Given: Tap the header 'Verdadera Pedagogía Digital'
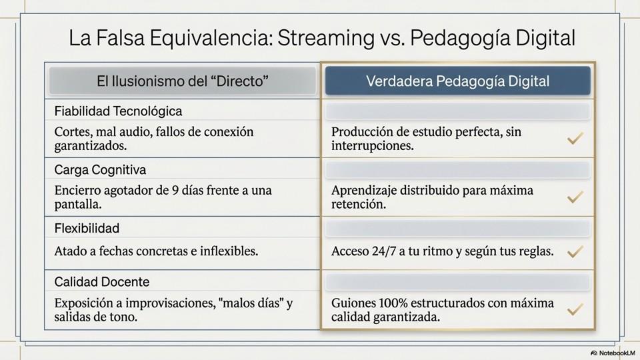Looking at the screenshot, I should pos(457,81).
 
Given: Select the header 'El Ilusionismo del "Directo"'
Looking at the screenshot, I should pos(183,81).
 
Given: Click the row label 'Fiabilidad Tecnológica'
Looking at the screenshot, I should pos(119,111).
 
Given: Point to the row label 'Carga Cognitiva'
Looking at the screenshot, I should pos(100,169).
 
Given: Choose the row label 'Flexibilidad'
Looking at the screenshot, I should pos(87,228).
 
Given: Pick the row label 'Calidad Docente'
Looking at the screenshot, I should pos(102,281).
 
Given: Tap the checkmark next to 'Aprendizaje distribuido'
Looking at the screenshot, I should pos(575,197).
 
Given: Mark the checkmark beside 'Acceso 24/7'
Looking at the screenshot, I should pos(575,252).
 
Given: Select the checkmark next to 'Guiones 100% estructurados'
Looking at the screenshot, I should pos(575,310).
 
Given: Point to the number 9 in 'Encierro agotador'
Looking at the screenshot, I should pos(175,191).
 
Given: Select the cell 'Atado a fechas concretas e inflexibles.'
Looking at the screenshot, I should pos(156,252).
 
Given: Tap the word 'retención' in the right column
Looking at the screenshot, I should pos(357,205).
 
